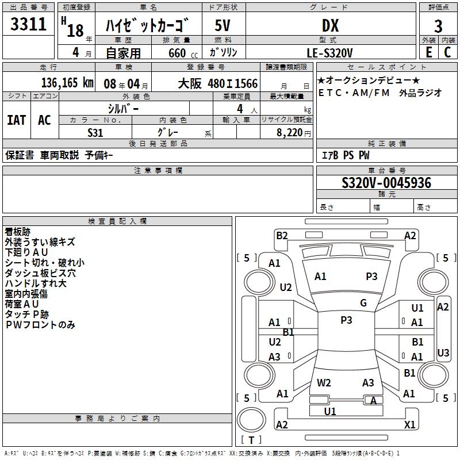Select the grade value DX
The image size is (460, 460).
click(330, 25)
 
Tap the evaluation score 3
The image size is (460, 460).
click(438, 26)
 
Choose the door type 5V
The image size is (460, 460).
click(223, 25)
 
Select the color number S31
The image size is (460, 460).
click(95, 132)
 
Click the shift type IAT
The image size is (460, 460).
click(16, 120)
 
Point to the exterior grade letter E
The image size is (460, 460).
click(428, 52)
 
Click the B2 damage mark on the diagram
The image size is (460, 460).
click(282, 235)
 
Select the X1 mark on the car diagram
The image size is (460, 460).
click(409, 424)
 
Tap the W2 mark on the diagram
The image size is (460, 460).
click(324, 382)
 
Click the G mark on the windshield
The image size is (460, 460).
click(363, 303)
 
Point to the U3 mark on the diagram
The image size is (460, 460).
click(443, 352)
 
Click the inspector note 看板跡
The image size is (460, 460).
click(17, 232)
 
